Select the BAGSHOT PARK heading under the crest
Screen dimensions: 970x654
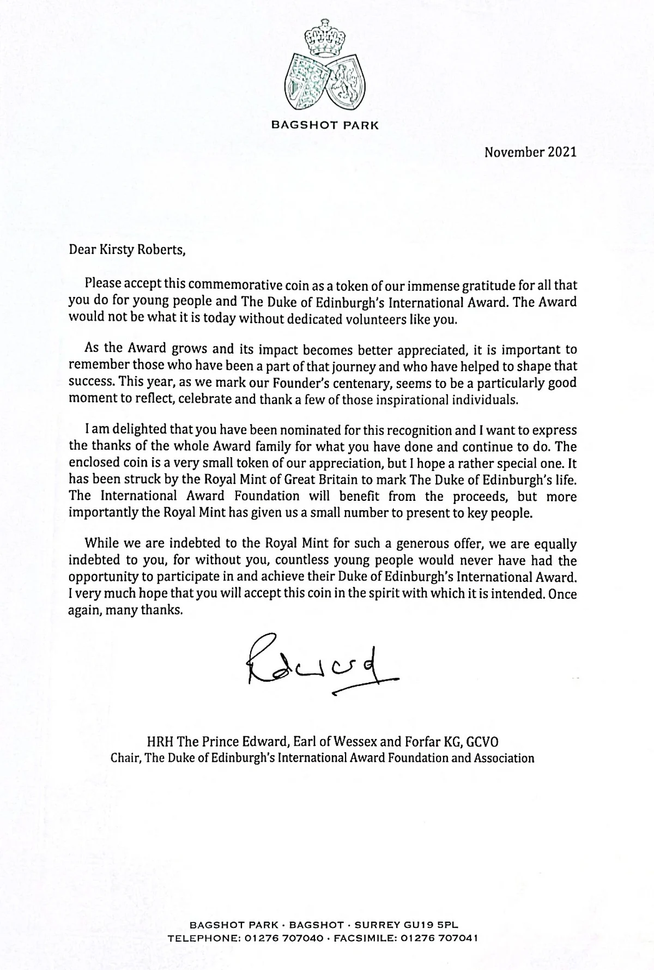(x=325, y=125)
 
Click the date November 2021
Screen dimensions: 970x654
(x=530, y=152)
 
